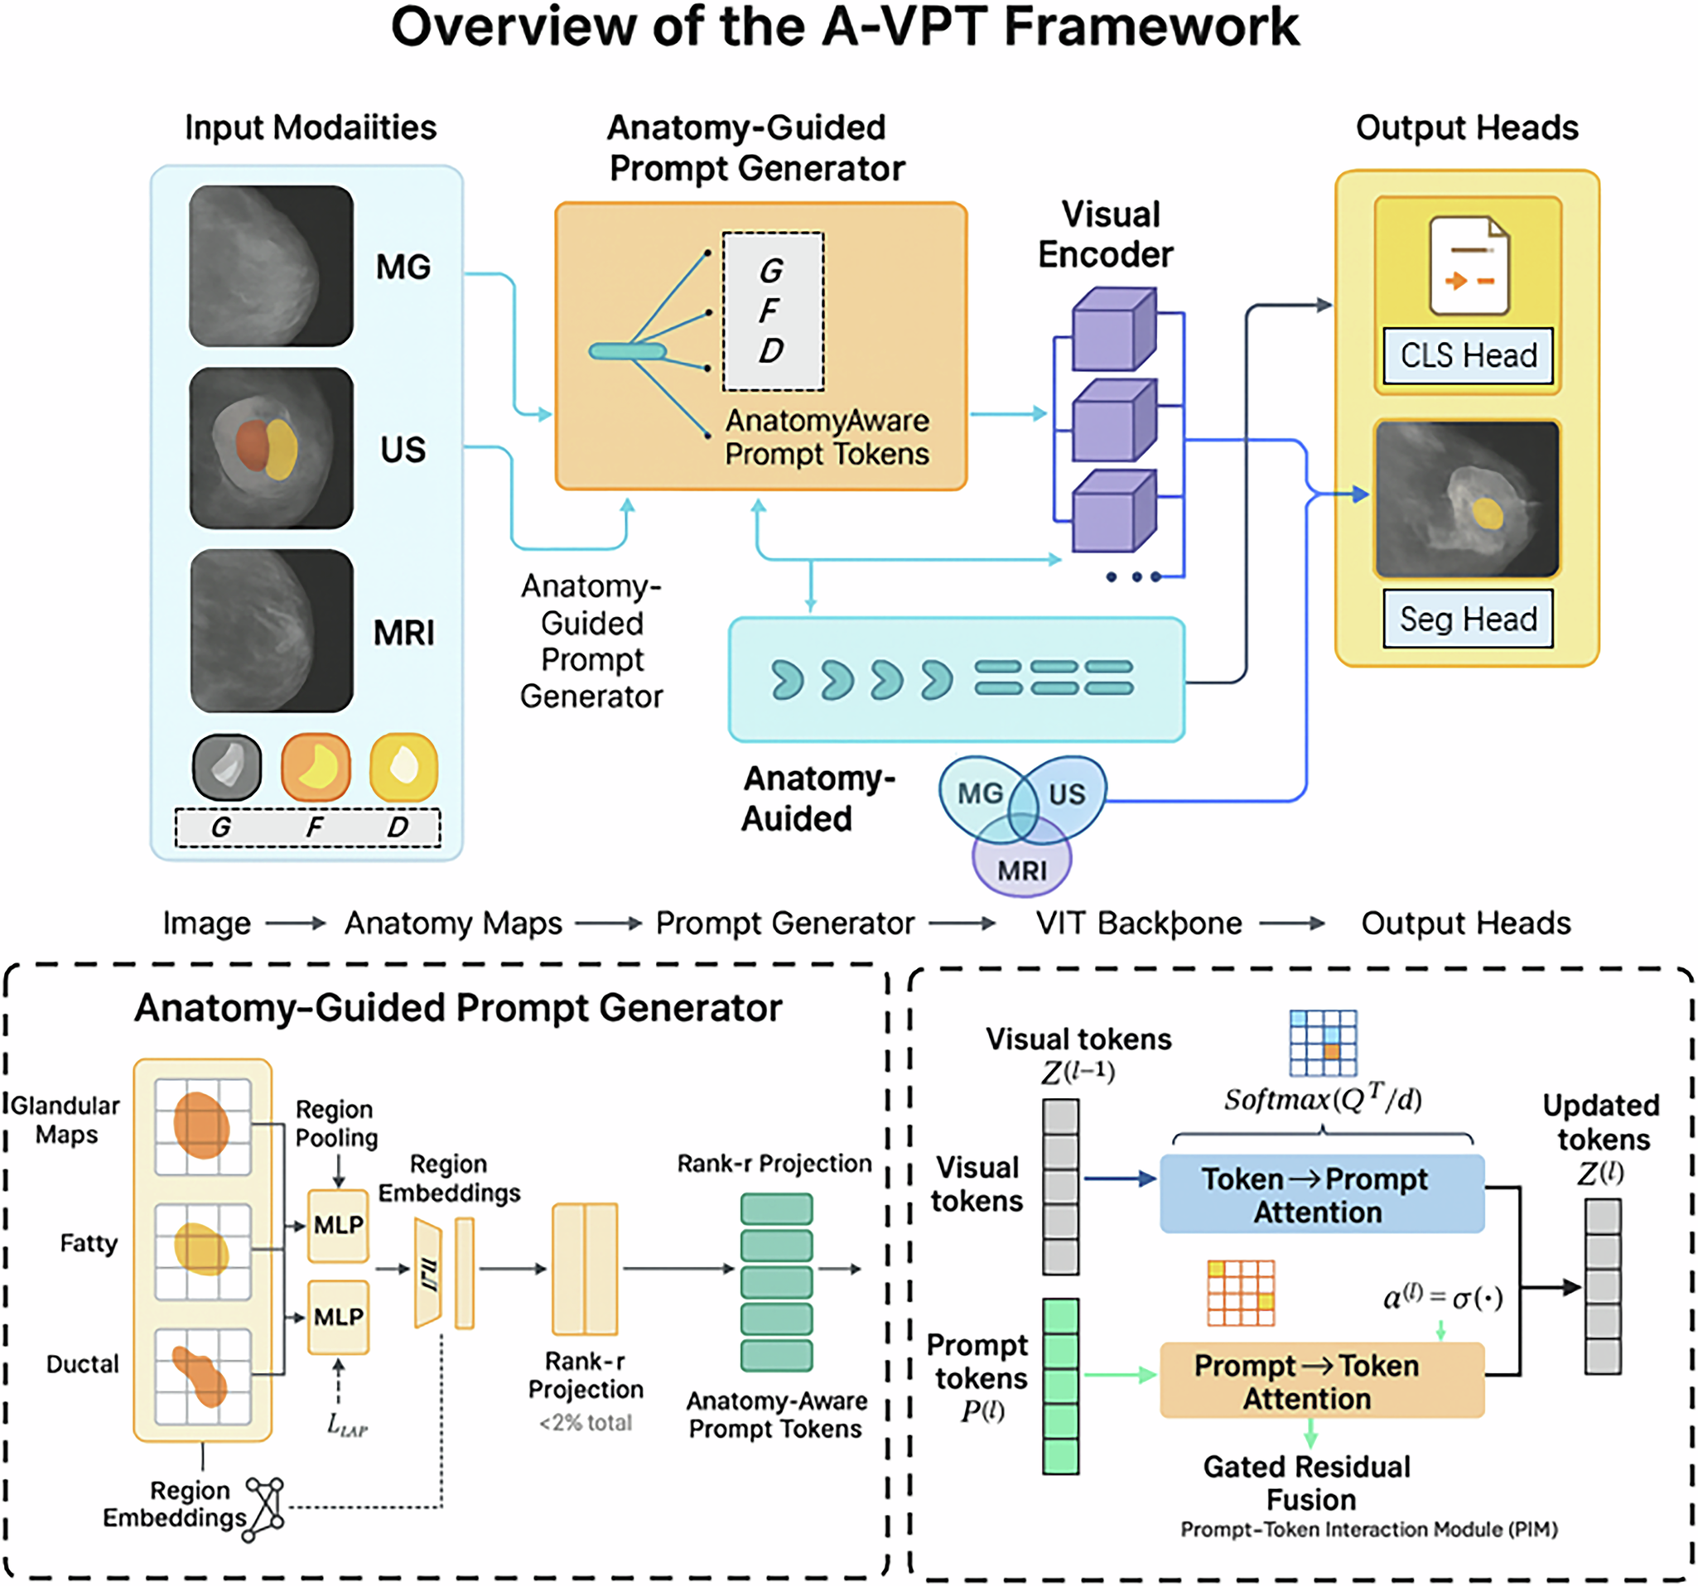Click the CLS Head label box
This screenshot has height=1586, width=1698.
coord(1468,355)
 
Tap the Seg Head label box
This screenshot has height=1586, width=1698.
coord(1468,619)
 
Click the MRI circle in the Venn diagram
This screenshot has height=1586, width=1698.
coord(1021,870)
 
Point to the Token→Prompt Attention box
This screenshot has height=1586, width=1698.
coord(1321,1194)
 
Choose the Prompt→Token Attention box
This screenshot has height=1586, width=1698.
coord(1321,1381)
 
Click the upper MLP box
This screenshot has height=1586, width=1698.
coord(338,1225)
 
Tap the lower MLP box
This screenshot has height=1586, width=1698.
coord(338,1316)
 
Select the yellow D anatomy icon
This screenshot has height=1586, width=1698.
coord(403,766)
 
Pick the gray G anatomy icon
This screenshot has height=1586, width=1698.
coord(226,766)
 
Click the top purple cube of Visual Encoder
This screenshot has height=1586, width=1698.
coord(1114,329)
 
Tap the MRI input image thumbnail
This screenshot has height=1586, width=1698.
coord(271,630)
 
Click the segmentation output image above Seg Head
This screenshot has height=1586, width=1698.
coord(1467,499)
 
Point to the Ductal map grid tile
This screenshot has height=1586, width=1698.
coord(202,1376)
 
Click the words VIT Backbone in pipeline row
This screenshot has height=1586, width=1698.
coord(1139,923)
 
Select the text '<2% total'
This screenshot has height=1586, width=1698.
coord(585,1422)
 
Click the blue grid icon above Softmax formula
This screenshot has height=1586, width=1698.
coord(1322,1043)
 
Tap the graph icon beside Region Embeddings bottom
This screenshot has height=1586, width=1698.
coord(265,1509)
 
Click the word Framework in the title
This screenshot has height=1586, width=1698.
coord(1150,27)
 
